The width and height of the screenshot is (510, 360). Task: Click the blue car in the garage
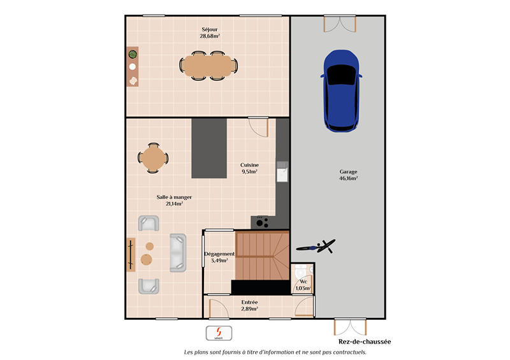[x=342, y=90]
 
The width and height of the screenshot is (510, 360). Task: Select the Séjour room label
[x=210, y=33]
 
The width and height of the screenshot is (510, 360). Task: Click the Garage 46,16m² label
[x=348, y=175]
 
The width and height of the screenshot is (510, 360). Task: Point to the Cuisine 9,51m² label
[x=249, y=168]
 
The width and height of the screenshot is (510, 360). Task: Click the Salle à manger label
[x=174, y=201]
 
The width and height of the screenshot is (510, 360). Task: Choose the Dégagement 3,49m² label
[x=219, y=257]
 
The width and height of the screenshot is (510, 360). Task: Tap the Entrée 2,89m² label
[x=249, y=305]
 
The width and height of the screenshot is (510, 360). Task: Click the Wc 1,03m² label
[x=303, y=285]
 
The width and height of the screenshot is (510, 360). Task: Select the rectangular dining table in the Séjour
[x=208, y=64]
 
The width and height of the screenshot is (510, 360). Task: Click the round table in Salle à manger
[x=153, y=158]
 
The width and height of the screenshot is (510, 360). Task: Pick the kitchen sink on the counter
[x=282, y=171]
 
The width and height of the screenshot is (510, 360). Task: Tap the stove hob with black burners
[x=261, y=222]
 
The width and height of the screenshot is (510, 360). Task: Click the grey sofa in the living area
[x=177, y=252]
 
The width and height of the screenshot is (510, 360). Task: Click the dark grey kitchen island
[x=209, y=148]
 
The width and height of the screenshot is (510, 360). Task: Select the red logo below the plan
[x=219, y=333]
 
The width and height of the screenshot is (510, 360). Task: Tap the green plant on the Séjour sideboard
[x=133, y=54]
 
